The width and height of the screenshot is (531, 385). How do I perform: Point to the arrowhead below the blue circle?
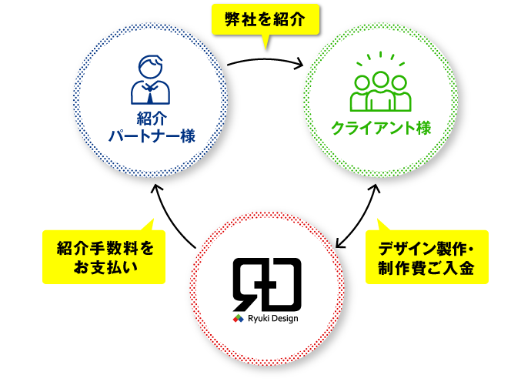click(156, 190)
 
